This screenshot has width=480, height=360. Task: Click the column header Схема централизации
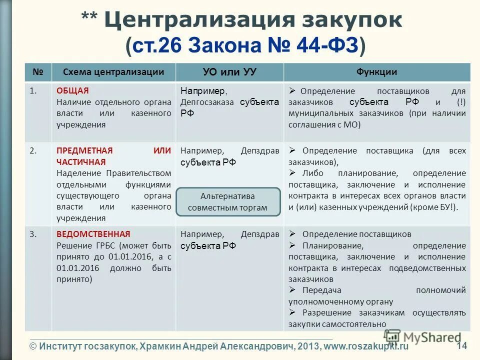coord(113,72)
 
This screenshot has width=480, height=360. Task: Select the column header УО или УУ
coord(229,72)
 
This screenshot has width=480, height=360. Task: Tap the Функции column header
coord(376,72)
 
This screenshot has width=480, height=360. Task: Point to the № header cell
coord(38,72)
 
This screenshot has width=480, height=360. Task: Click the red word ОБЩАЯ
coord(72,91)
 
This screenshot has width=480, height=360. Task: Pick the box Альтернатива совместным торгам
coord(228,202)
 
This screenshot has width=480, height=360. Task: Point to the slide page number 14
coord(461,345)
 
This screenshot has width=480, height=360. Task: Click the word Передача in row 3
coord(321,290)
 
